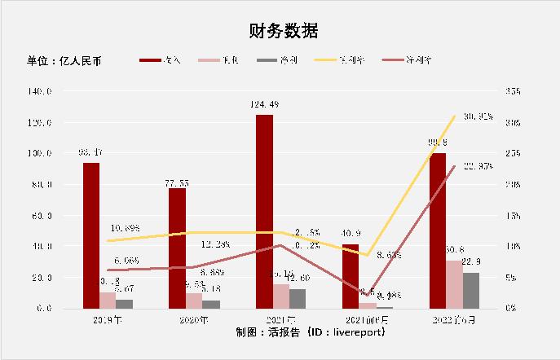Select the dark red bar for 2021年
point(264,211)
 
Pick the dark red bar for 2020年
point(177,248)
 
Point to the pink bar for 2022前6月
point(454,284)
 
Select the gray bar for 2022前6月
point(471,290)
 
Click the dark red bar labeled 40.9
point(351,276)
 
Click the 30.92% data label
point(477,116)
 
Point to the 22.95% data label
point(477,167)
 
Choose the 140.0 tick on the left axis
point(40,91)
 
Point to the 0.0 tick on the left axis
point(46,309)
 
